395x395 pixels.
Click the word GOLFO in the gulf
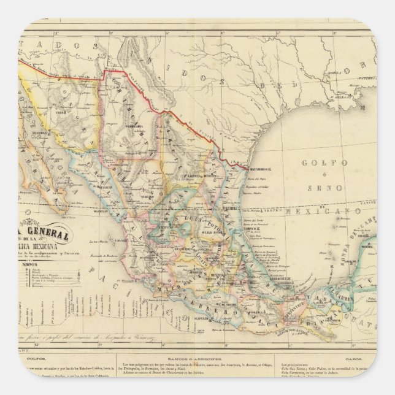click(317, 163)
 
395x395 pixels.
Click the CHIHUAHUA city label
click(132, 125)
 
